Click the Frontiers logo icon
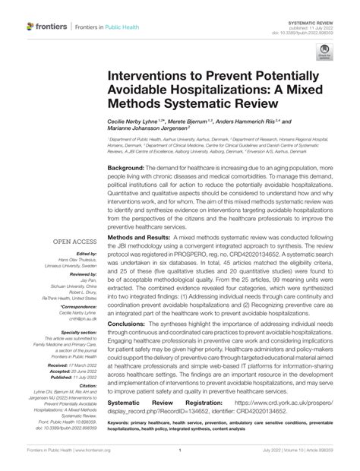click(x=31, y=27)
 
